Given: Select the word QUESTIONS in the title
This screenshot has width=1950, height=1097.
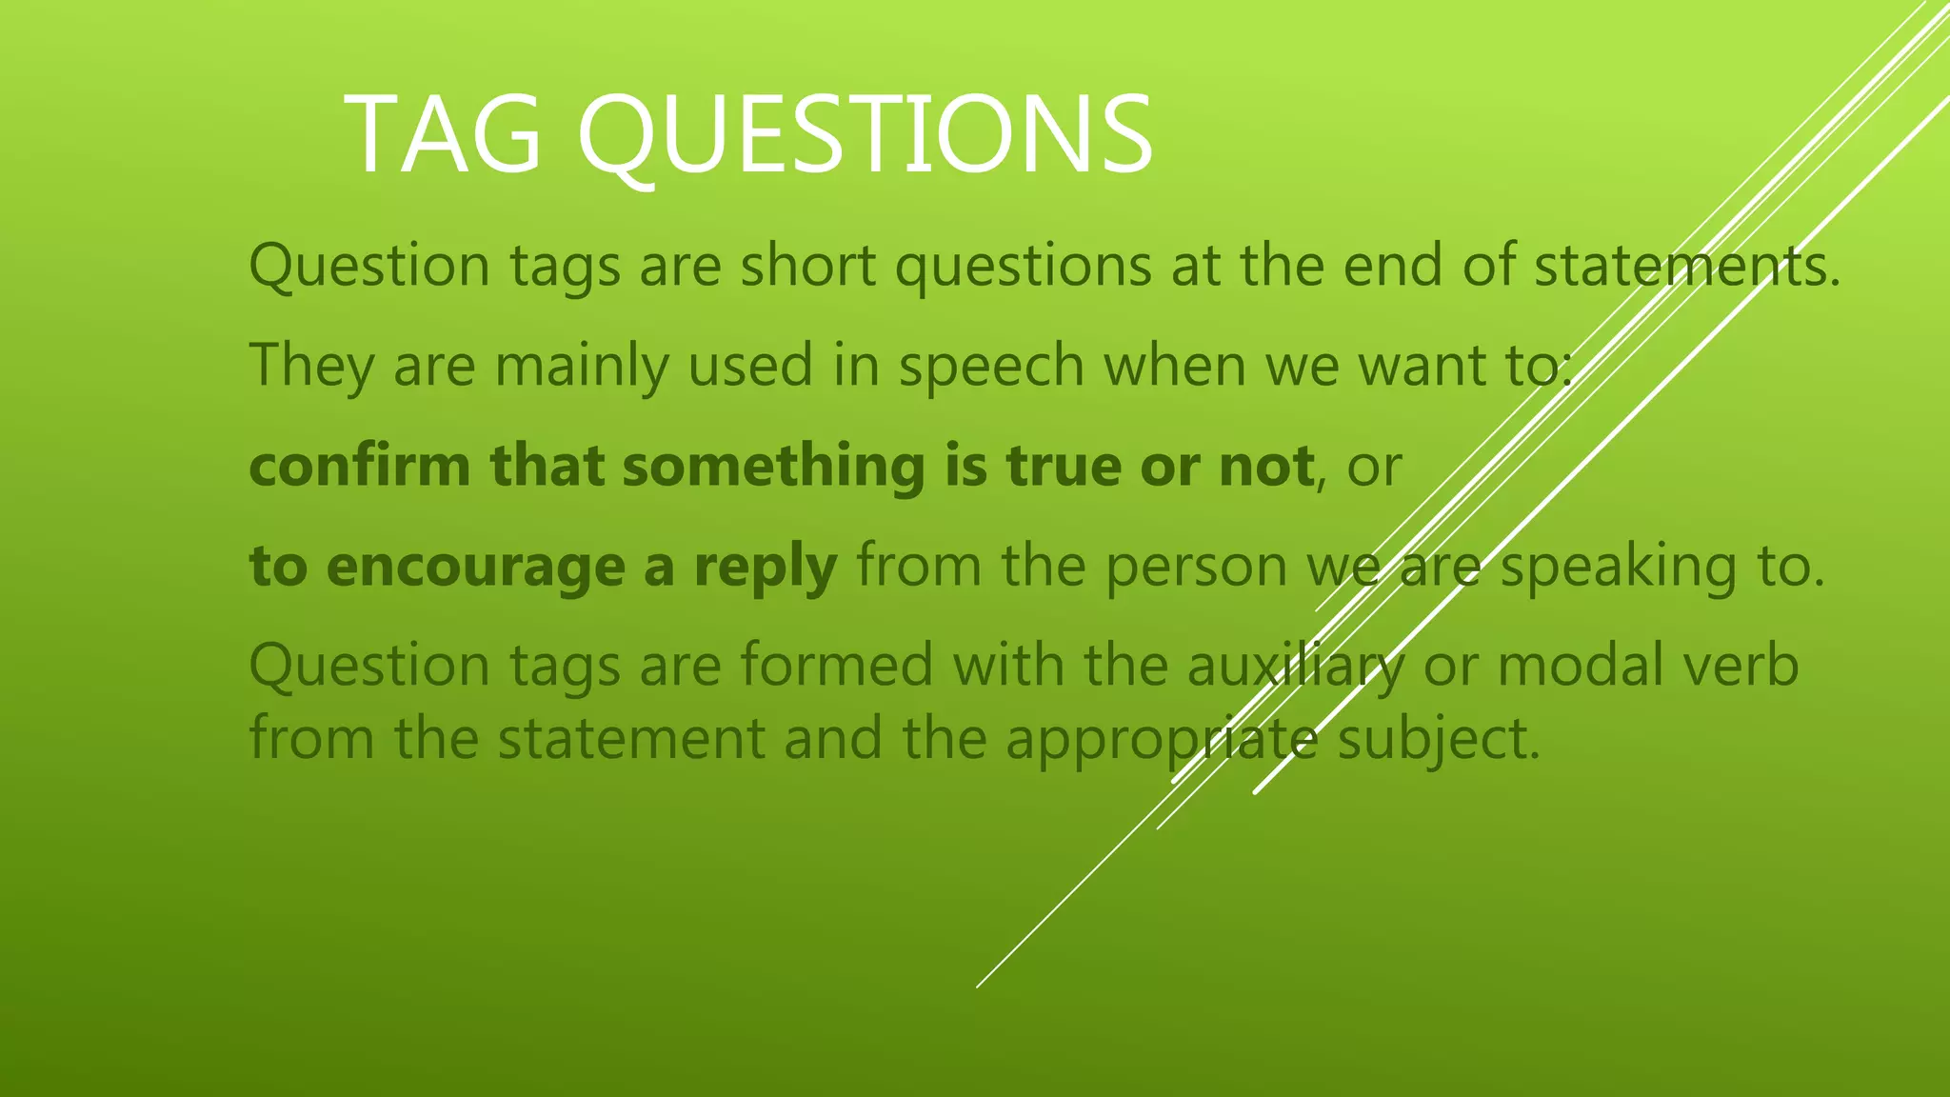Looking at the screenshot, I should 865,134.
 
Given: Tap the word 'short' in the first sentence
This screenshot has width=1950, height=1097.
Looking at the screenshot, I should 808,266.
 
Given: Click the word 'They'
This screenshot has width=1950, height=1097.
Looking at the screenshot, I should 311,367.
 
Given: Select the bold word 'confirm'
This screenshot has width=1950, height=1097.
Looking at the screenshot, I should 360,466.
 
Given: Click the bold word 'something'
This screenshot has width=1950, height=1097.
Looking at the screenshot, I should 773,468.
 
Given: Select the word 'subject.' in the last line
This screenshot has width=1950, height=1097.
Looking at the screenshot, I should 1438,741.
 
